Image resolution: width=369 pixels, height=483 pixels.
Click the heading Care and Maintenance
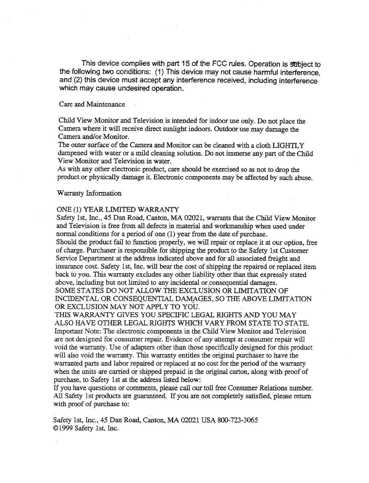(92, 105)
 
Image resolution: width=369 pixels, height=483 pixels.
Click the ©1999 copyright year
(67, 428)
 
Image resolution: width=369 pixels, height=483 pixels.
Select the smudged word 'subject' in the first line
(300, 65)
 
